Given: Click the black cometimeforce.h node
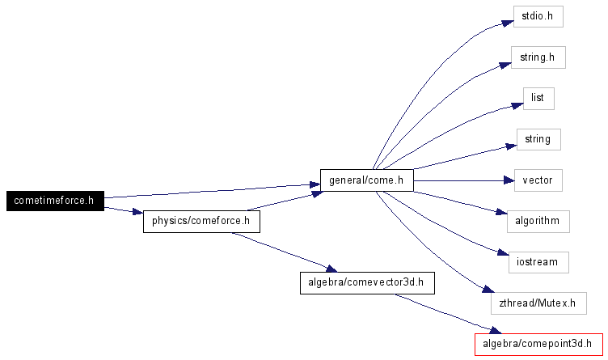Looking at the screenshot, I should point(55,200).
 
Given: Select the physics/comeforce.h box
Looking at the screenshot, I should point(201,221).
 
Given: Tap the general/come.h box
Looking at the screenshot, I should point(366,180).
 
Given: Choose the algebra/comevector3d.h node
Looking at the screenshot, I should point(367,282).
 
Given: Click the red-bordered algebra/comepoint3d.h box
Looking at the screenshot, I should point(538,344).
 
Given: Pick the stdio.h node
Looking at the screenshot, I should point(538,17).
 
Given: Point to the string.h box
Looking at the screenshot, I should point(538,57).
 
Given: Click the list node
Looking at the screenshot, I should point(538,98).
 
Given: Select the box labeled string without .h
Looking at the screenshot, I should point(538,139).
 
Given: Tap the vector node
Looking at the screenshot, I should point(538,180).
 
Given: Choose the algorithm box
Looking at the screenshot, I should point(538,221).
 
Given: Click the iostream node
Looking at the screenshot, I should point(538,262).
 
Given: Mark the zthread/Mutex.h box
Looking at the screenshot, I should point(538,303).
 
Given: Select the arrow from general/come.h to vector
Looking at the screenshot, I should point(461,180).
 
